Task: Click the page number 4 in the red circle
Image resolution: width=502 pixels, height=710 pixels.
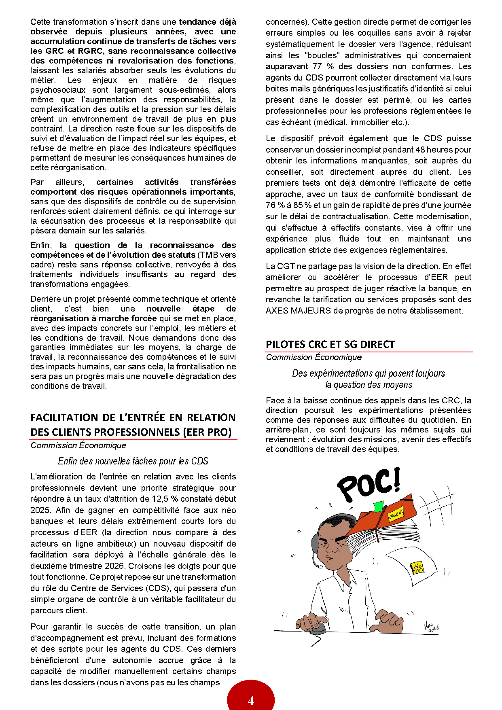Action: pyautogui.click(x=251, y=700)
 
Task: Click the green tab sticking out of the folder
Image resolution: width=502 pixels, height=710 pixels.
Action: pyautogui.click(x=378, y=507)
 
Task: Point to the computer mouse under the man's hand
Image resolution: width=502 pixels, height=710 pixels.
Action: pyautogui.click(x=319, y=628)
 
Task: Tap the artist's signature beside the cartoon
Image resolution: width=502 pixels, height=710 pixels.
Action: pyautogui.click(x=431, y=627)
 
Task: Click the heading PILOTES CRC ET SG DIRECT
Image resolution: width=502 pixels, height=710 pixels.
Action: pyautogui.click(x=330, y=344)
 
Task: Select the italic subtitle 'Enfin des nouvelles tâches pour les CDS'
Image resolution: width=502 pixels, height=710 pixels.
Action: pyautogui.click(x=133, y=461)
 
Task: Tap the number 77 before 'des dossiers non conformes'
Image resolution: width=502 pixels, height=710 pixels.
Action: pyautogui.click(x=317, y=66)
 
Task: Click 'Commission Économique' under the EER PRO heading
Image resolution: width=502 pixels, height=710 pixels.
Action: pyautogui.click(x=78, y=445)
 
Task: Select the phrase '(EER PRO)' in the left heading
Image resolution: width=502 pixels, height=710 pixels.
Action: pyautogui.click(x=207, y=432)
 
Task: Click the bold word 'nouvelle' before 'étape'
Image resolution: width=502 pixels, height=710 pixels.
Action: pyautogui.click(x=163, y=309)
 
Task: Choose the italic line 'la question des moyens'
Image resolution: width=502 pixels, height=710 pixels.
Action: pyautogui.click(x=369, y=385)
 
